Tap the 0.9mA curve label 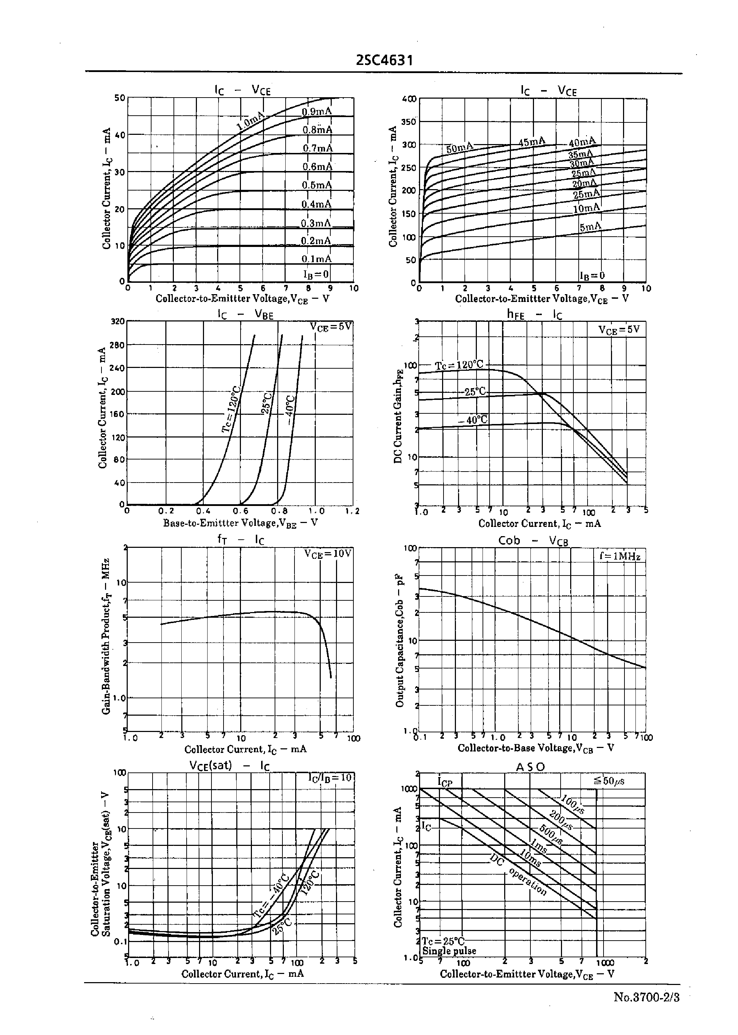[317, 112]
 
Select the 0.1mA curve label [317, 259]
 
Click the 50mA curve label [459, 148]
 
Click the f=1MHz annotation [619, 556]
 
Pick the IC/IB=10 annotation [330, 777]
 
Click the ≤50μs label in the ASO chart [608, 781]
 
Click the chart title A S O [530, 767]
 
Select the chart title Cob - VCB [533, 541]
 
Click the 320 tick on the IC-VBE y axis [118, 321]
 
